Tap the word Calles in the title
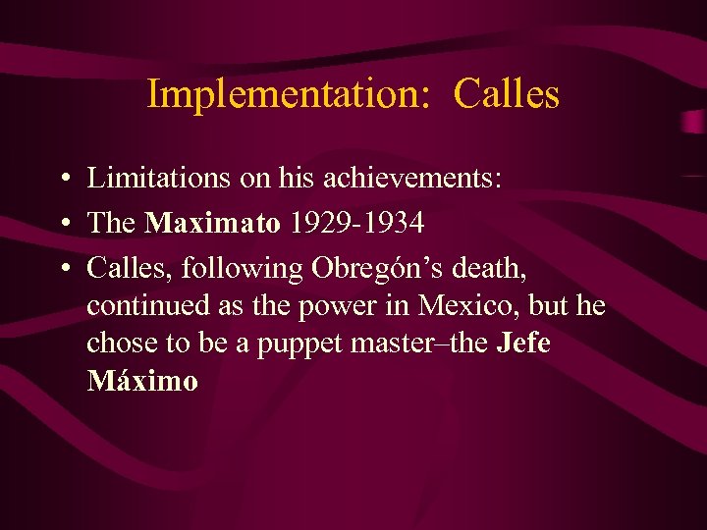507,94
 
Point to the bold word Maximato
212,223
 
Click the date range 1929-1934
357,223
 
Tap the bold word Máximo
142,381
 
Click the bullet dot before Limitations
62,179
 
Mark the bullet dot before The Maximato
62,224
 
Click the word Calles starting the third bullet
122,268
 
